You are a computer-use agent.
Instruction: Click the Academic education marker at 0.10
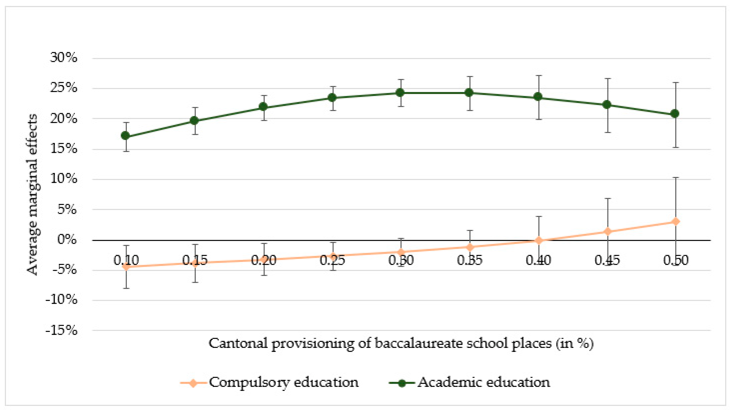coord(126,136)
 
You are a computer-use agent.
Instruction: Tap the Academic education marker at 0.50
coord(675,113)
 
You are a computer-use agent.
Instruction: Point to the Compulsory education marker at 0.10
coord(126,266)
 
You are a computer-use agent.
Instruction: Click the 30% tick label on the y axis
coord(63,58)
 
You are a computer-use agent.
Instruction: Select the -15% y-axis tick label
coord(61,330)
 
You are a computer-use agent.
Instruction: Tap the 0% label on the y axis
coord(67,240)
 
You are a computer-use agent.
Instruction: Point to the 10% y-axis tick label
coord(63,179)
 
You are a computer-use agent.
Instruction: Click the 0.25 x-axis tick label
coord(332,260)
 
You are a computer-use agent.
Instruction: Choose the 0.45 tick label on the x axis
coord(607,260)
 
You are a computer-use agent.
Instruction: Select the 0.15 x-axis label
coord(195,260)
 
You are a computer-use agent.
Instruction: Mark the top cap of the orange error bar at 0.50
coord(676,177)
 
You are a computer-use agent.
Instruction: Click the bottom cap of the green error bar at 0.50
coord(676,147)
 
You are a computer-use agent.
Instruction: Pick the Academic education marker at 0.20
coord(263,107)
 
